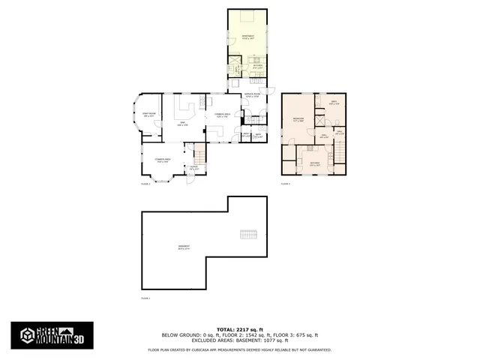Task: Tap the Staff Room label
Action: coord(148,115)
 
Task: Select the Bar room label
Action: coord(181,124)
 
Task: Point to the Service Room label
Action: coord(251,95)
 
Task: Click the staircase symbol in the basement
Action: coord(248,235)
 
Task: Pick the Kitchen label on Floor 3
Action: coord(316,163)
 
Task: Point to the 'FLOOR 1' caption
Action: coord(145,298)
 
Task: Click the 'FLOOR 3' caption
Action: coord(285,183)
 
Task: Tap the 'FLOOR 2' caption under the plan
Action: coord(145,183)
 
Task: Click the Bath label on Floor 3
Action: coord(334,103)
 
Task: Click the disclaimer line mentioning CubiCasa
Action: coord(240,349)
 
